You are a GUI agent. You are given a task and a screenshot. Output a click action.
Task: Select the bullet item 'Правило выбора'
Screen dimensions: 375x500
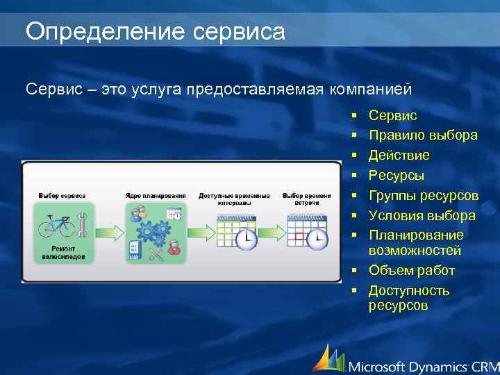(x=422, y=135)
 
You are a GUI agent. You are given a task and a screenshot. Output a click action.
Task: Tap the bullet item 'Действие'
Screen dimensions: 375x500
(x=399, y=155)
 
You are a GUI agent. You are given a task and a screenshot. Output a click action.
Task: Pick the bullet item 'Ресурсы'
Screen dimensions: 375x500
(x=397, y=175)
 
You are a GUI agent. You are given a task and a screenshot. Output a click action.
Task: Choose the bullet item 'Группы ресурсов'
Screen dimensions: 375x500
(x=423, y=195)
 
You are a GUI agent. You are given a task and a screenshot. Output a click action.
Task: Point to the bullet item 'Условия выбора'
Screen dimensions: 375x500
(x=422, y=215)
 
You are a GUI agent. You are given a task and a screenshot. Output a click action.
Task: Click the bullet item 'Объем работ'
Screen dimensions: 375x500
(x=412, y=270)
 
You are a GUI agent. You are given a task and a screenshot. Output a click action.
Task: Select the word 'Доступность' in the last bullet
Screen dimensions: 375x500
(x=409, y=290)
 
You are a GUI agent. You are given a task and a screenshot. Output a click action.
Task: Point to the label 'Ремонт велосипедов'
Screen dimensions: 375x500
(x=68, y=252)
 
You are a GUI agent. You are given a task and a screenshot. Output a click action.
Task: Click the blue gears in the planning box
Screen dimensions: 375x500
(x=153, y=230)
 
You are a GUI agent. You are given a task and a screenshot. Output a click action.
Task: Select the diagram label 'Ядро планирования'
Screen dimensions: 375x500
(x=156, y=196)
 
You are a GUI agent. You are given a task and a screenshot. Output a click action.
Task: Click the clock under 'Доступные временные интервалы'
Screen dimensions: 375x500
(x=246, y=240)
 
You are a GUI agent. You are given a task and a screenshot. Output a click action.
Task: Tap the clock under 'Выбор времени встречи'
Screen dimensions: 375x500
(x=317, y=240)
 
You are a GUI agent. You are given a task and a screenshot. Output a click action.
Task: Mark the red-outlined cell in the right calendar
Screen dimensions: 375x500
(x=298, y=235)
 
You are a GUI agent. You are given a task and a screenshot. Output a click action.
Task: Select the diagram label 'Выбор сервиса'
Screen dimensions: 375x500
(x=62, y=196)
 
